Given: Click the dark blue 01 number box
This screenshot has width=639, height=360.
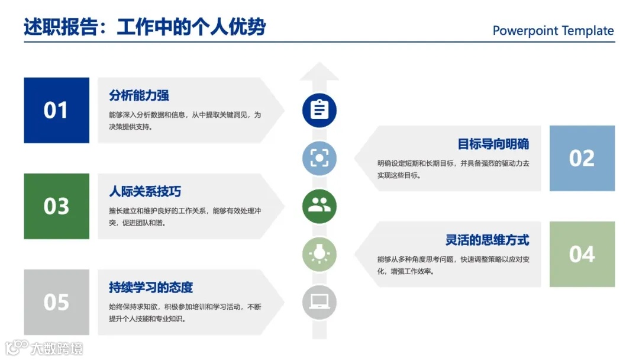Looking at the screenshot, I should pos(56,110).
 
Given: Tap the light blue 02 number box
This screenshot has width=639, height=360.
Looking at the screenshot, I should pos(582,158).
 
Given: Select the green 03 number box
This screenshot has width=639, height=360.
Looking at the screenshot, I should pos(56,206).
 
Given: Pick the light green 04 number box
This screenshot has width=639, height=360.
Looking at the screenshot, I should pos(582,254).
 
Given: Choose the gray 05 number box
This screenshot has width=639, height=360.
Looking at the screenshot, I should pos(56,302).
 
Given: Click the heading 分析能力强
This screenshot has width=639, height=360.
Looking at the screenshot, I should pos(139,95).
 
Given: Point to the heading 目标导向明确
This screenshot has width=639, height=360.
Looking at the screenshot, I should pos(493,144).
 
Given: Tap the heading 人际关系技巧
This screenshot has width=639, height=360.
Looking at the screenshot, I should pos(145,192).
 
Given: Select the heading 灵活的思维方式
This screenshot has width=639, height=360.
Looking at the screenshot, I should pos(487,240).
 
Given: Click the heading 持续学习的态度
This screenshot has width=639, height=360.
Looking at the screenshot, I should pos(151,288).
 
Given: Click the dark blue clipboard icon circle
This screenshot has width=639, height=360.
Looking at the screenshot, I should pos(319,110).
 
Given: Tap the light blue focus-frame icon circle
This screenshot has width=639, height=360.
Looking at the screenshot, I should pos(319,158).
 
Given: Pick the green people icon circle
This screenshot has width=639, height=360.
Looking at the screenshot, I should pos(319,206).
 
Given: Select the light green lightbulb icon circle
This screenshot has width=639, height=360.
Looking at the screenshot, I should pos(319,254).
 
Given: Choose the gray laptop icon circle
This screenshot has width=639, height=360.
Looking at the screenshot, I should pos(319,302).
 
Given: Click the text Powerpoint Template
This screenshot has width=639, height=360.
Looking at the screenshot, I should pos(553,31).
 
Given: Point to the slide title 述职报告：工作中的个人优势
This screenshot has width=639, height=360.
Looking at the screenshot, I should pos(144,27).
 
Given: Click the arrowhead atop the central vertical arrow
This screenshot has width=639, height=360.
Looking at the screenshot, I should pos(319,71).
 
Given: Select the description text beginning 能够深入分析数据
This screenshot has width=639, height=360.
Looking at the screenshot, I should pos(185,121).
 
